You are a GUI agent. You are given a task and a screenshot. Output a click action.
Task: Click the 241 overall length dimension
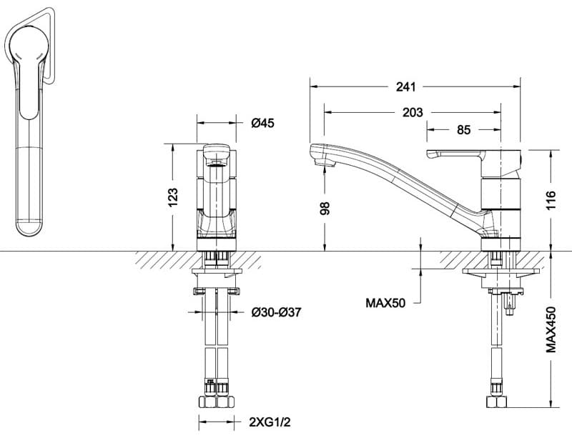tap(405, 86)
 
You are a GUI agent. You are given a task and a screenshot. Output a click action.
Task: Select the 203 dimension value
tap(413, 112)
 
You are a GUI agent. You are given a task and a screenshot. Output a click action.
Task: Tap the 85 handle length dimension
tap(463, 129)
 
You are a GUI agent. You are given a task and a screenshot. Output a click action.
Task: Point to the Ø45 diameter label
tap(262, 123)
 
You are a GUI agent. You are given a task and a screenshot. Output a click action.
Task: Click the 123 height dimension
tap(172, 197)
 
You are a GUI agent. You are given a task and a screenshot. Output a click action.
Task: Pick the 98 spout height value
tap(325, 208)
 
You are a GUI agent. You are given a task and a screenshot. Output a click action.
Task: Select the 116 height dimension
tap(551, 200)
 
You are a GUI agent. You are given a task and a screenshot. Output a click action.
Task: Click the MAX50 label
tap(385, 303)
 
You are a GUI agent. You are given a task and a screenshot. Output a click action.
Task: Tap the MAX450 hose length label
tap(551, 329)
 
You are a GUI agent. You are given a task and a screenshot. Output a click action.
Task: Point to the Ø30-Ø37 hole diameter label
tap(276, 312)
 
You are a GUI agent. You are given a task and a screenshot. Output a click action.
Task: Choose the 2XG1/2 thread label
tap(270, 422)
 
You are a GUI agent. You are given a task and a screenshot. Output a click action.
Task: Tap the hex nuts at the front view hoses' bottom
tap(217, 402)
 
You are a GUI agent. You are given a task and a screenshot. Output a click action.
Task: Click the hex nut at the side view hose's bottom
tap(496, 402)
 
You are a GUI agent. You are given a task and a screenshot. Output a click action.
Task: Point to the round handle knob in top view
tap(29, 46)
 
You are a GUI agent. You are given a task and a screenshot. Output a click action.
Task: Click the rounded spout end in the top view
tap(30, 227)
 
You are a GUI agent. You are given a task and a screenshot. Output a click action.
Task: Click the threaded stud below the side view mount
tap(510, 304)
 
